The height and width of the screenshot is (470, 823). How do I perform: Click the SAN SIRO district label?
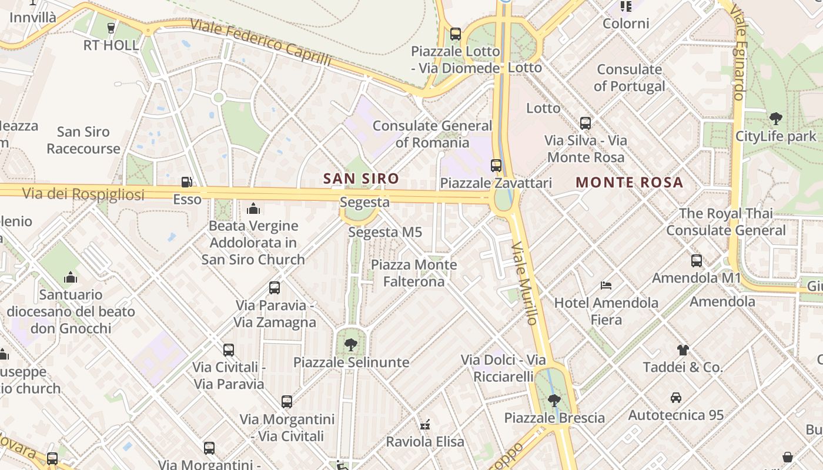361,179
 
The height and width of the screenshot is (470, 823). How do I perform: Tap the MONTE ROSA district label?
629,182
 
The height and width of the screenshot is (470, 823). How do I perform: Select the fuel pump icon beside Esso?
187,183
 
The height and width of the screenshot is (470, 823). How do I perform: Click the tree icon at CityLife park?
776,119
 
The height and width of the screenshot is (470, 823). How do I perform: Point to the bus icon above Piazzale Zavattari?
496,166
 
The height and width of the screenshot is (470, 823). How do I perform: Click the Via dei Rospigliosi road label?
83,194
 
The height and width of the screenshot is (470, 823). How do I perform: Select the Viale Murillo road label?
524,283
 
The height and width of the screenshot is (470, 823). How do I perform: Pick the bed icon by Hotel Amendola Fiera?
606,286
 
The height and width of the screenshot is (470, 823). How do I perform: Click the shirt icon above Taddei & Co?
683,350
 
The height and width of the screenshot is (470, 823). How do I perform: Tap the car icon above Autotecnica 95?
676,398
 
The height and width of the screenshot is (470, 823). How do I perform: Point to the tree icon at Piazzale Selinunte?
351,345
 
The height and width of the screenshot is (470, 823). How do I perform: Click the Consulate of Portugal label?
629,78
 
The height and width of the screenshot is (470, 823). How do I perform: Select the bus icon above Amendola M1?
697,260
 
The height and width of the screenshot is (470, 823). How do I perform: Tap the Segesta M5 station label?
385,232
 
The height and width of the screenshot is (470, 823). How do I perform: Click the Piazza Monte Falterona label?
414,273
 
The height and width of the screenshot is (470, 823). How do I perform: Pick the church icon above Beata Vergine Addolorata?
253,209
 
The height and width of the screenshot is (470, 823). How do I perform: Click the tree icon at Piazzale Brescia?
554,401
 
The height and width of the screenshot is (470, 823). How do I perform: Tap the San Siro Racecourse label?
83,140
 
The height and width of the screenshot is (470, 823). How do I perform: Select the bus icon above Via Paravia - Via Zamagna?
275,288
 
